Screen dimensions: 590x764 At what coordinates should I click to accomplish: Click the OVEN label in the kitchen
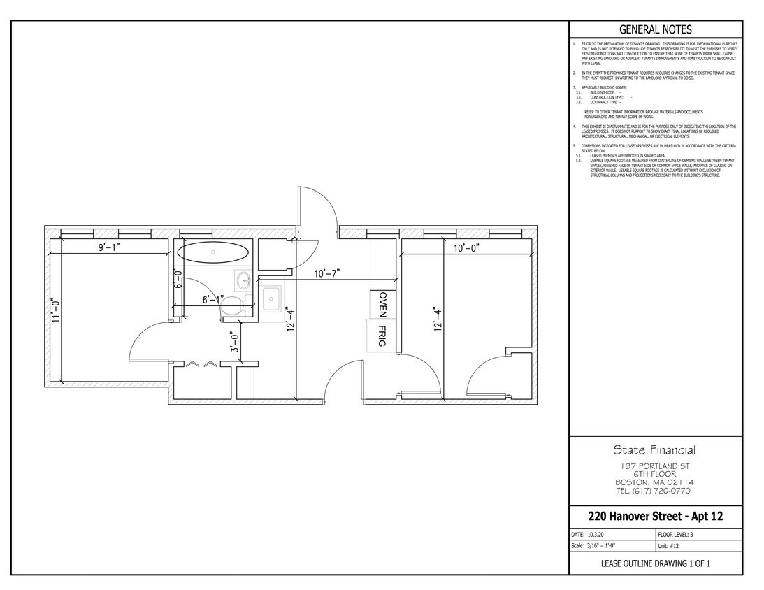click(x=382, y=305)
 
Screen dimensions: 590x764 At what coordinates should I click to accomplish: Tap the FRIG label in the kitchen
click(x=382, y=333)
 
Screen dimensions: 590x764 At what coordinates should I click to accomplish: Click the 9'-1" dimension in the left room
click(x=110, y=247)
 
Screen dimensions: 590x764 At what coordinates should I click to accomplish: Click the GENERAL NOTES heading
click(x=656, y=29)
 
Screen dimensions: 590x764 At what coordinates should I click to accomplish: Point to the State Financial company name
click(x=655, y=450)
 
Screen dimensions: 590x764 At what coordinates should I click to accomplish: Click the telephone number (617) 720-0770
click(x=655, y=491)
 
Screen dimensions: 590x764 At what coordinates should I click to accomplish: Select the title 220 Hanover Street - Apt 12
click(x=656, y=517)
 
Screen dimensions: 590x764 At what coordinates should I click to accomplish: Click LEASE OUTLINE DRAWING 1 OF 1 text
click(x=656, y=563)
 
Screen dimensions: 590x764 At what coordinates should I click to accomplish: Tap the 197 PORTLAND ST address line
click(x=655, y=466)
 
